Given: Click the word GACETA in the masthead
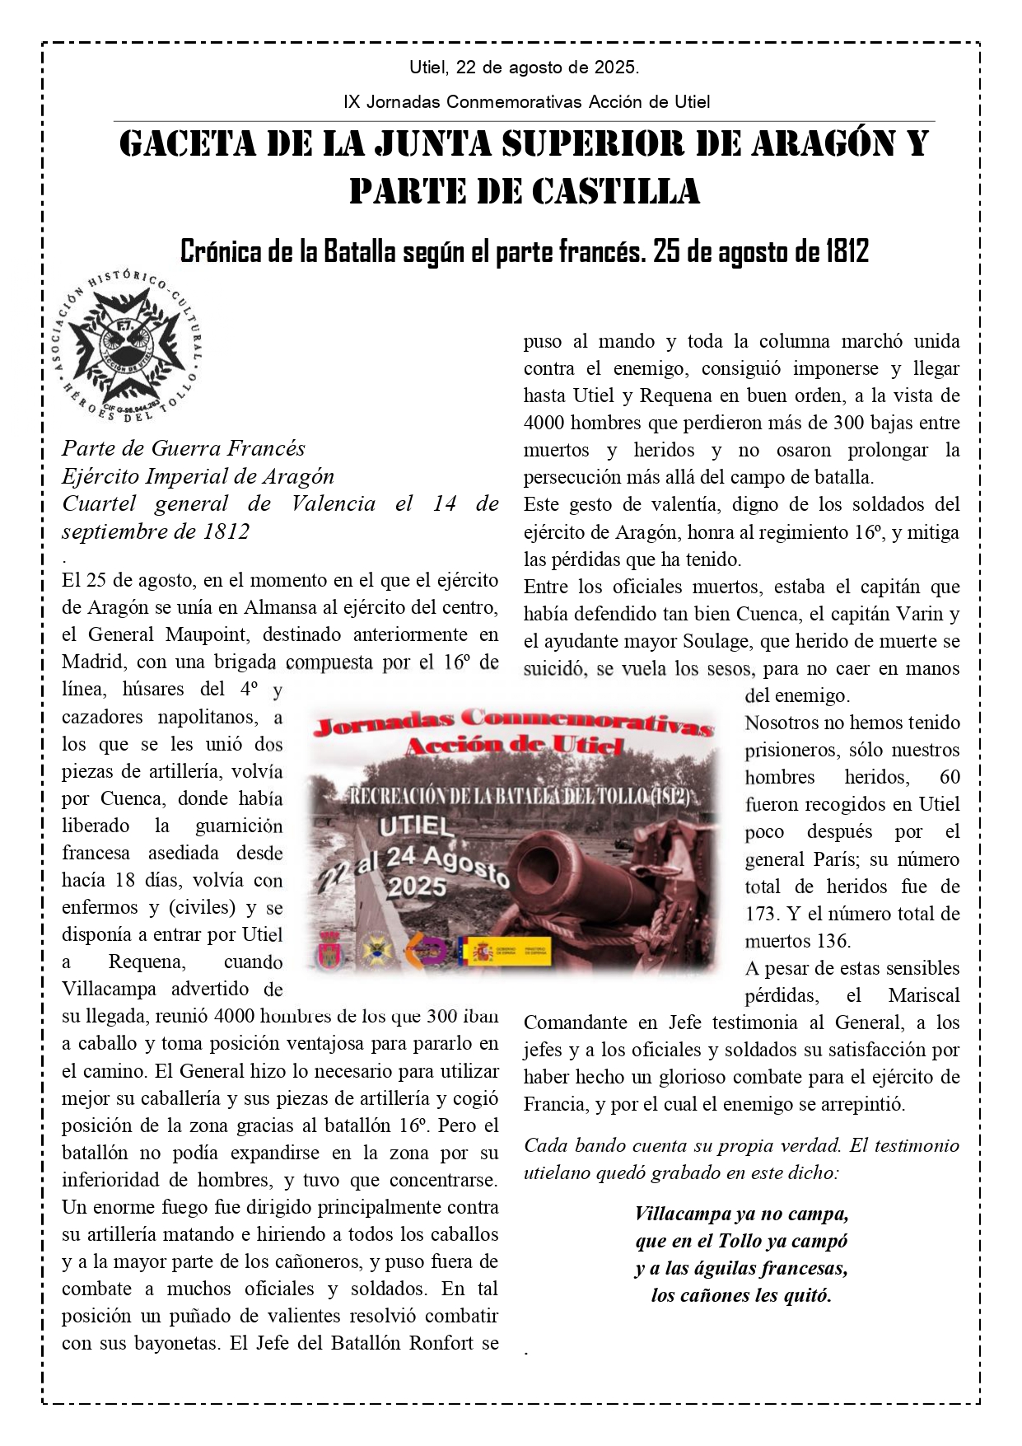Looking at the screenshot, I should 189,144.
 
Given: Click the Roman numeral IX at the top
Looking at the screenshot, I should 351,102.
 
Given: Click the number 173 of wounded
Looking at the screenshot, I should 762,914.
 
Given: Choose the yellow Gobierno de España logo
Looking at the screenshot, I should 479,952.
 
